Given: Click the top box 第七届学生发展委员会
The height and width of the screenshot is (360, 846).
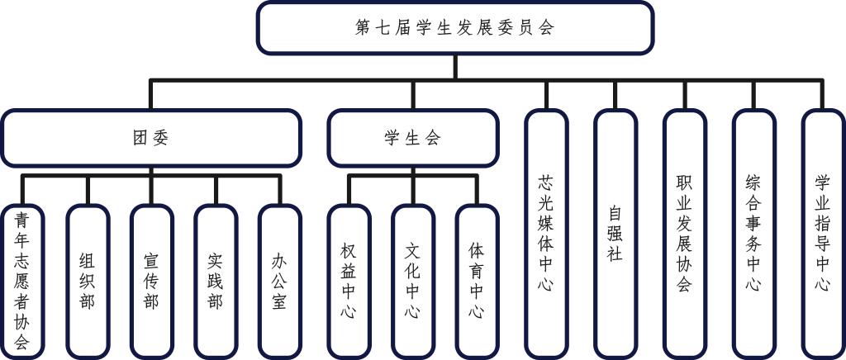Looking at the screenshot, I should (x=454, y=27).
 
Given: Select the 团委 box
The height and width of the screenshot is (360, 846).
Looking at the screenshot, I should (x=150, y=138).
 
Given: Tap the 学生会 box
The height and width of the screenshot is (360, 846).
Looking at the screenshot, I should (x=413, y=138).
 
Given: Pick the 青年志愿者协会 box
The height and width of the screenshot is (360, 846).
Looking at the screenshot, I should (x=22, y=281).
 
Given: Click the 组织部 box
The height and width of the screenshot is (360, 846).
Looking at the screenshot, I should (x=87, y=281).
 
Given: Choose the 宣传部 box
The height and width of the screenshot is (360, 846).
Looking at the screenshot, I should (x=151, y=281).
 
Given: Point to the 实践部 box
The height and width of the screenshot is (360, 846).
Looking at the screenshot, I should (x=216, y=281).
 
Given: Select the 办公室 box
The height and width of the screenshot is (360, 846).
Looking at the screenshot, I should (x=279, y=281).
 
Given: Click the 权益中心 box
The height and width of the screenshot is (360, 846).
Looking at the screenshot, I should (x=349, y=281).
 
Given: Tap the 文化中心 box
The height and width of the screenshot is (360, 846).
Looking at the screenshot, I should (x=413, y=281).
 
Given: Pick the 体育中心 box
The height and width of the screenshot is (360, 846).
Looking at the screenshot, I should (x=477, y=281).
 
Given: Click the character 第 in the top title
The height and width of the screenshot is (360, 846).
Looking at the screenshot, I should (x=362, y=27).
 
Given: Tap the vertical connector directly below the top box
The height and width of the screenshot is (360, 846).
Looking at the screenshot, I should (x=454, y=66).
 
